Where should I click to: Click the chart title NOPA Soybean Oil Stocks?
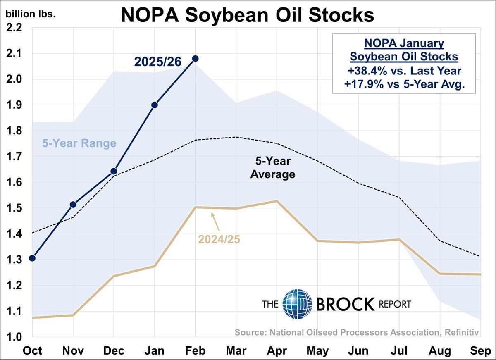tap(247, 16)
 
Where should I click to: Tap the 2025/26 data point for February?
tap(196, 58)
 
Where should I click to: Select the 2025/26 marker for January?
tap(155, 105)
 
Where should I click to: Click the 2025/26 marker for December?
tap(114, 171)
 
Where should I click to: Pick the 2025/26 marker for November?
tap(73, 204)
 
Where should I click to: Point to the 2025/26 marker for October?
tap(32, 258)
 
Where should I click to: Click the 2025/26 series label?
tap(157, 62)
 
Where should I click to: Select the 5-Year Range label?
tap(79, 144)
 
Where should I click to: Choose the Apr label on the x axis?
tap(277, 351)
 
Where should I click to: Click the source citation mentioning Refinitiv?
tap(356, 331)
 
